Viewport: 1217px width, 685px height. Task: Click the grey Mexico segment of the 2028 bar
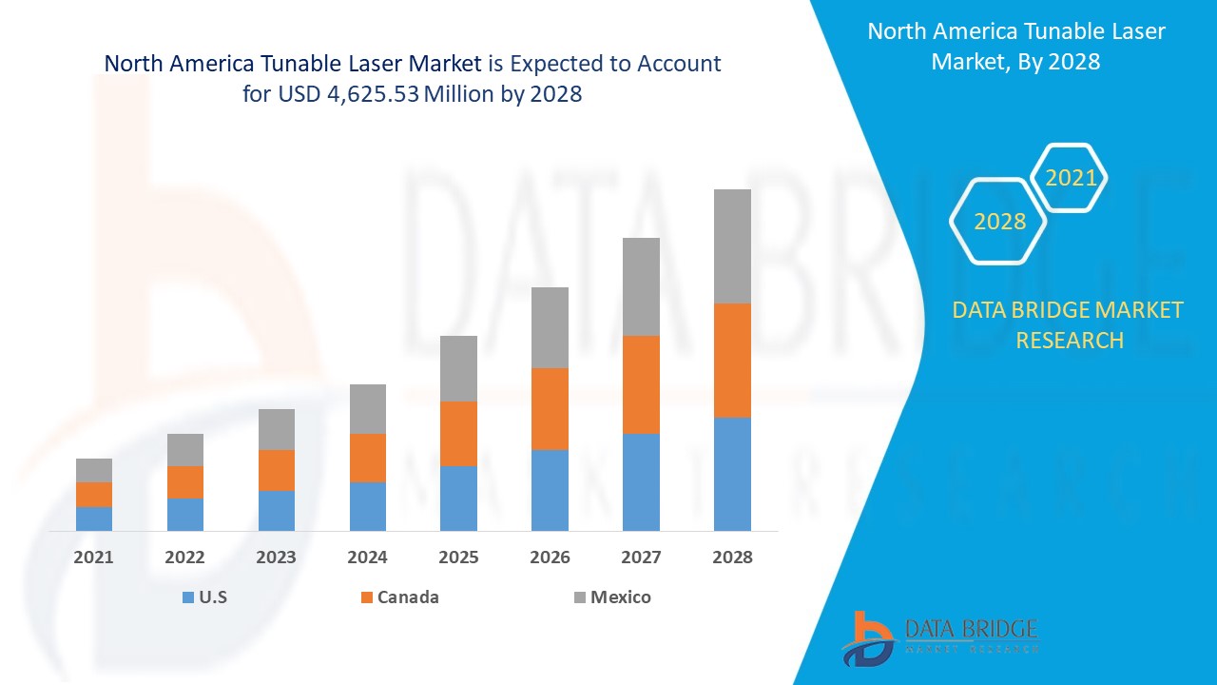click(732, 246)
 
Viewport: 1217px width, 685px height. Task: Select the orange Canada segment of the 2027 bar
click(641, 384)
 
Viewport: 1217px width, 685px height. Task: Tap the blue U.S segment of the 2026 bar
click(550, 490)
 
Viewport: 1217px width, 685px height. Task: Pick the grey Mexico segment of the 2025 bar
click(458, 368)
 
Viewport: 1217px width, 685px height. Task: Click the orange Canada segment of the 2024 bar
click(368, 458)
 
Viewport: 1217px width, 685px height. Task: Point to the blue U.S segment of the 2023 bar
click(277, 510)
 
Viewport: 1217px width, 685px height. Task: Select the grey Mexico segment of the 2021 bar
click(94, 470)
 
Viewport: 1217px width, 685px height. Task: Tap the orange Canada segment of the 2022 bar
click(185, 482)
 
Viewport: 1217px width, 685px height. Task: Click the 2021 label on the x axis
click(94, 558)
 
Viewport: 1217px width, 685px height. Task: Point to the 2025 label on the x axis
click(458, 558)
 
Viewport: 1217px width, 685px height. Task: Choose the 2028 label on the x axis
click(732, 558)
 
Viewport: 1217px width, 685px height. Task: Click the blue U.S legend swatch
click(187, 597)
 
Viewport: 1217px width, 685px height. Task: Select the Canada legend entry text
click(408, 597)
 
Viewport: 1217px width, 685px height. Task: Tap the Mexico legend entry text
click(620, 597)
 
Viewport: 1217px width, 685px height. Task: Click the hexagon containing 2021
click(1071, 178)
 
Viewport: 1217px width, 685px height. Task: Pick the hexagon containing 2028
click(999, 222)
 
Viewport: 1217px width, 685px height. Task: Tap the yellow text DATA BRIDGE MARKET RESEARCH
click(1068, 324)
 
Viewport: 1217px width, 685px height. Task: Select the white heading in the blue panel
click(1015, 46)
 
